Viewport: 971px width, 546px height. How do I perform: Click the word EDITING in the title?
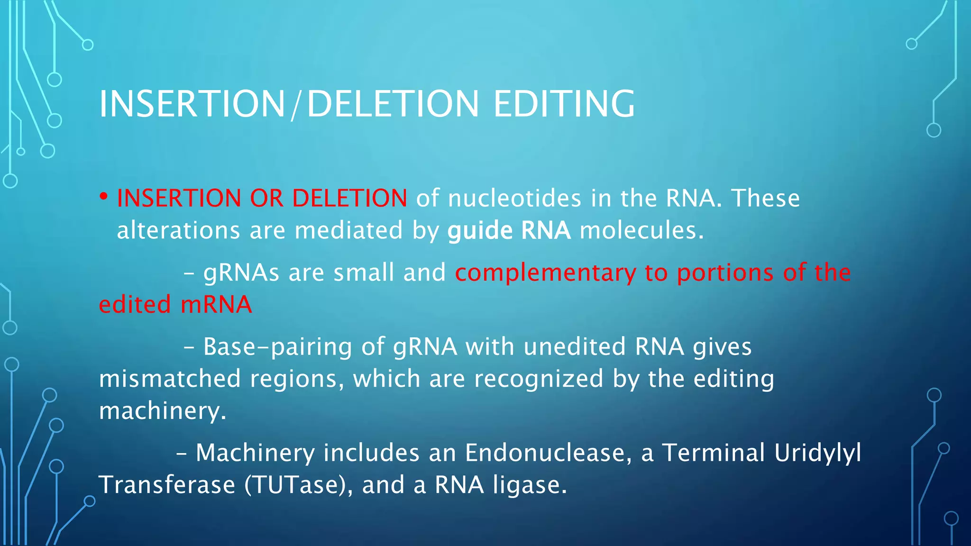pyautogui.click(x=564, y=104)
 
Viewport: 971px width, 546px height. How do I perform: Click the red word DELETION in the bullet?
pyautogui.click(x=349, y=198)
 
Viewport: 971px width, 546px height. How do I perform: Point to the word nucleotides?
pyautogui.click(x=514, y=198)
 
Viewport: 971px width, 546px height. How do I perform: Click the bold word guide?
pyautogui.click(x=480, y=231)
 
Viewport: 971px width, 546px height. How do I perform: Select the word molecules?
pyautogui.click(x=641, y=231)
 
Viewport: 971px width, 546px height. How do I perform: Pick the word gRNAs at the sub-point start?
pyautogui.click(x=241, y=273)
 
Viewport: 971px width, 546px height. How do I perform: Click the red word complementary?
pyautogui.click(x=545, y=273)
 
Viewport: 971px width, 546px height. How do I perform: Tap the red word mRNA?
pyautogui.click(x=216, y=305)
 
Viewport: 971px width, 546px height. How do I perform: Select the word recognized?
pyautogui.click(x=539, y=379)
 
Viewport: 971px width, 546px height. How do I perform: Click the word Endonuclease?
pyautogui.click(x=548, y=453)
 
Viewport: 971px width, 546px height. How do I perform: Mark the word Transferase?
pyautogui.click(x=167, y=485)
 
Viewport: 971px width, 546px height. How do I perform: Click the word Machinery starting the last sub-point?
pyautogui.click(x=255, y=453)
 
